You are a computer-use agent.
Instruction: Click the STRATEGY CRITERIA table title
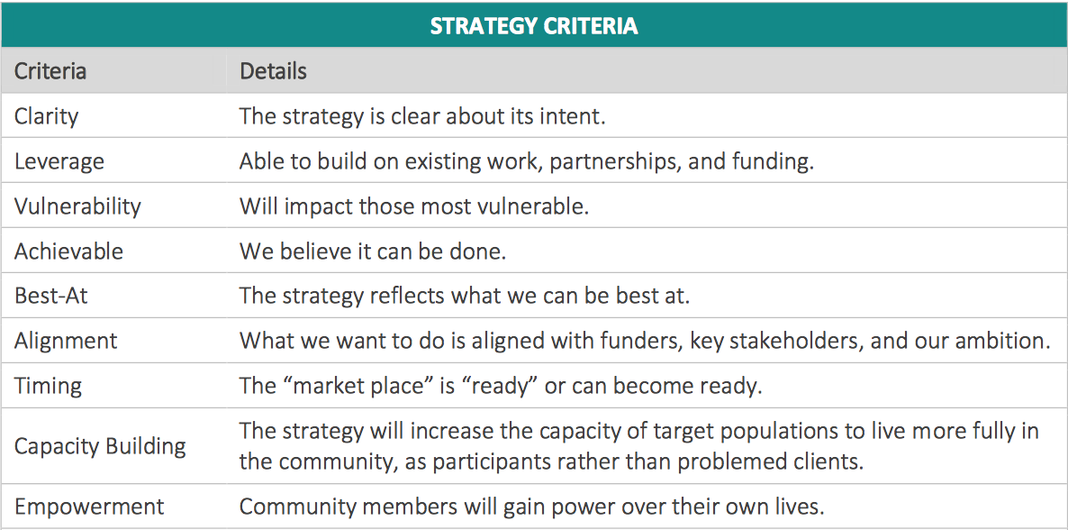pyautogui.click(x=534, y=26)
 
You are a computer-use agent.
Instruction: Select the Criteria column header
pyautogui.click(x=50, y=71)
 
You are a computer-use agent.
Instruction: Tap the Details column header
pyautogui.click(x=273, y=71)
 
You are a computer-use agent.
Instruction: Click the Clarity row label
pyautogui.click(x=47, y=116)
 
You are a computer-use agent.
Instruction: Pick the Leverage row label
pyautogui.click(x=59, y=161)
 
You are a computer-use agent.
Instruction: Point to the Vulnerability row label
pyautogui.click(x=77, y=206)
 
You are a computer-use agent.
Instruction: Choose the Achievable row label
pyautogui.click(x=68, y=251)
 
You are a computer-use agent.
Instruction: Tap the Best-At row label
pyautogui.click(x=51, y=296)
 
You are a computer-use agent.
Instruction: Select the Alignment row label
pyautogui.click(x=66, y=341)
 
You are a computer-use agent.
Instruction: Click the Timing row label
pyautogui.click(x=48, y=386)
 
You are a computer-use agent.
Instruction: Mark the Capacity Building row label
pyautogui.click(x=100, y=446)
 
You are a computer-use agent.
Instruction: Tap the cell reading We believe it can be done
pyautogui.click(x=373, y=251)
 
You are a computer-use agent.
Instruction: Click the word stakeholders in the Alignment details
pyautogui.click(x=855, y=341)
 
